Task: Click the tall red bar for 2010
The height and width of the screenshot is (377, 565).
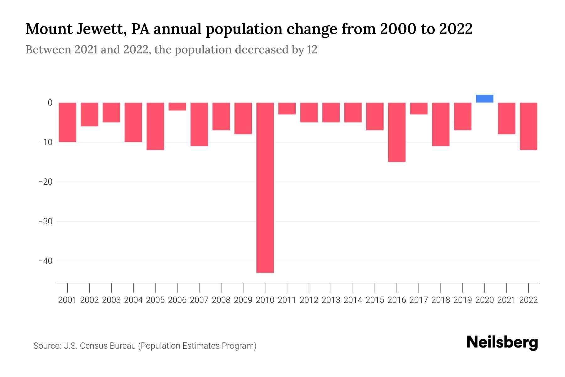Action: click(x=265, y=188)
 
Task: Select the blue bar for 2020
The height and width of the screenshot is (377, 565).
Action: click(x=484, y=99)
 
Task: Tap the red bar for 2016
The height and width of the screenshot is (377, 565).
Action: click(x=396, y=132)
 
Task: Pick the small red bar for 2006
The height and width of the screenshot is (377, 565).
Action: click(x=177, y=107)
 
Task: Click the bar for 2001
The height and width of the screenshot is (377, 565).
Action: click(x=67, y=122)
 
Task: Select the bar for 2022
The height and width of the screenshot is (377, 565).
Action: click(x=528, y=126)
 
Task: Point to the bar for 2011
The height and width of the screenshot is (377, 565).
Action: click(x=287, y=108)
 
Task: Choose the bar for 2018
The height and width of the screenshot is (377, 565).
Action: click(x=440, y=124)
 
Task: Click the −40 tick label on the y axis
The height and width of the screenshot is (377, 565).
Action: click(x=45, y=261)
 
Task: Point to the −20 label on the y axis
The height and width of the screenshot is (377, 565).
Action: click(x=45, y=182)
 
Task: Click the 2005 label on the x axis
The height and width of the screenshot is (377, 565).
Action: click(x=155, y=300)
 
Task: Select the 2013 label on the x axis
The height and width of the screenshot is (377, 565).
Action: click(x=331, y=300)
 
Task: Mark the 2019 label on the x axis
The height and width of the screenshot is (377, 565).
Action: click(x=462, y=300)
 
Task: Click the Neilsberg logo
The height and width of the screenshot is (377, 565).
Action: click(x=502, y=343)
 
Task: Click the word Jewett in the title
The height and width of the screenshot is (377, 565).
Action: click(x=100, y=29)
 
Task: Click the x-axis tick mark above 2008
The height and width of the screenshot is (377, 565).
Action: click(x=221, y=287)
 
